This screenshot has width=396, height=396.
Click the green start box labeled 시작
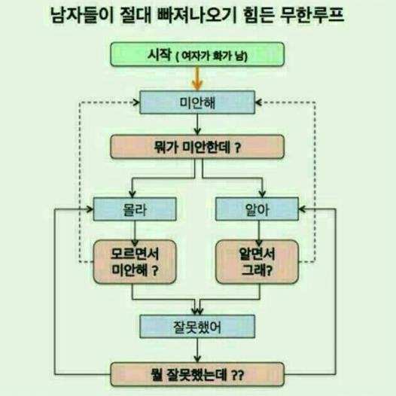pos(197,54)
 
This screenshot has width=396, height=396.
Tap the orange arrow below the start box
pos(197,78)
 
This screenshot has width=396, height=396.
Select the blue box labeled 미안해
pos(197,102)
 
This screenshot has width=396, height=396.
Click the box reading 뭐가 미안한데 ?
pos(197,147)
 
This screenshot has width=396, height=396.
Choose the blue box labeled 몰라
pos(135,209)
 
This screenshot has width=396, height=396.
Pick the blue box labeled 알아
pos(257,209)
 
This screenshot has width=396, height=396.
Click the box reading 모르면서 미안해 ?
pos(135,262)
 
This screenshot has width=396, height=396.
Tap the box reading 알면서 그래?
pos(257,262)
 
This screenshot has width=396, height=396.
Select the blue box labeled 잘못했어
pos(197,327)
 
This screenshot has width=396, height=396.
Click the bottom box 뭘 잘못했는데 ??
pos(197,374)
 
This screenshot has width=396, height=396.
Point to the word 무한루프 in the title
pos(312,15)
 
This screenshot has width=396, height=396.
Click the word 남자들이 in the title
pos(82,15)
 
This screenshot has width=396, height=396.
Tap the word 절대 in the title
pos(135,15)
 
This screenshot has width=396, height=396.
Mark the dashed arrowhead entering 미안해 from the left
pos(136,102)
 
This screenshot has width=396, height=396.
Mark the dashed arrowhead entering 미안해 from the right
pos(258,102)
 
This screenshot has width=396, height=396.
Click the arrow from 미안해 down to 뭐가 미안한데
pos(197,124)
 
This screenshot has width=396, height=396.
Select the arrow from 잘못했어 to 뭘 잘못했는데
pos(197,350)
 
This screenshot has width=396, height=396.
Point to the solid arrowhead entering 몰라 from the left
pos(90,209)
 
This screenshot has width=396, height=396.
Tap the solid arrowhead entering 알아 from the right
pos(302,209)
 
